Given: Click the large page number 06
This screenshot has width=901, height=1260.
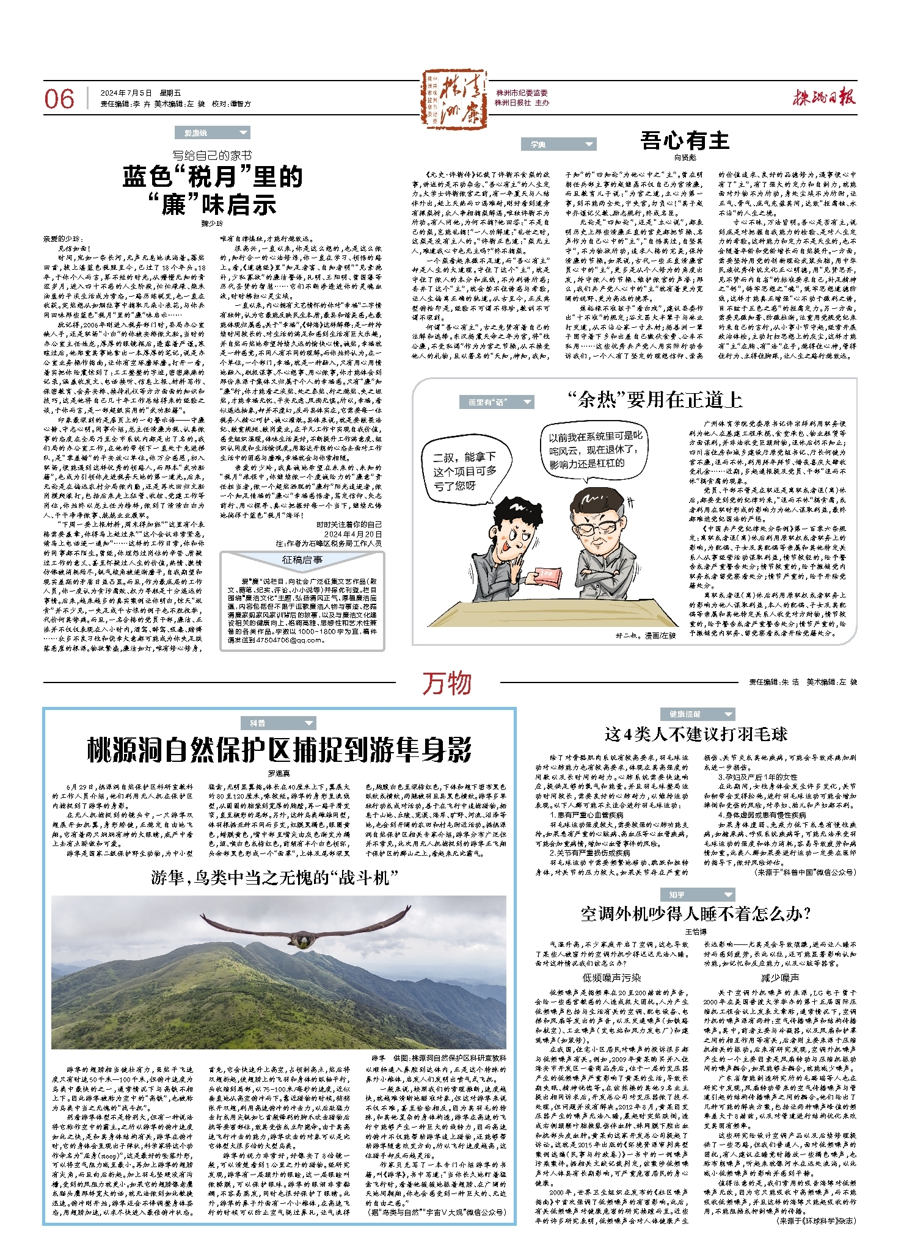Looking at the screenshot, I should click(59, 99).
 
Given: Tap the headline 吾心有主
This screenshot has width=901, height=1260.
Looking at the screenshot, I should click(685, 141).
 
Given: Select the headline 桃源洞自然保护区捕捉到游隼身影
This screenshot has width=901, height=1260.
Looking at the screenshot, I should click(279, 750).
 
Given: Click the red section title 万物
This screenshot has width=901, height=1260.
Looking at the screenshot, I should click(447, 682).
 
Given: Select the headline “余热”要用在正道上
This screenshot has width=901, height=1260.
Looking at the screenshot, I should click(654, 400).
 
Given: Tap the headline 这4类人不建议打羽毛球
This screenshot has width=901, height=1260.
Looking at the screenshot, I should click(696, 734).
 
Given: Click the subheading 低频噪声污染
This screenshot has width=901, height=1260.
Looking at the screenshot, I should click(611, 977).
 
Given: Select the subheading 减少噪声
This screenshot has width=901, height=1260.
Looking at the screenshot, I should click(779, 977).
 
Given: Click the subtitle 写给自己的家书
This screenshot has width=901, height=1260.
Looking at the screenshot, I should click(211, 156).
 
